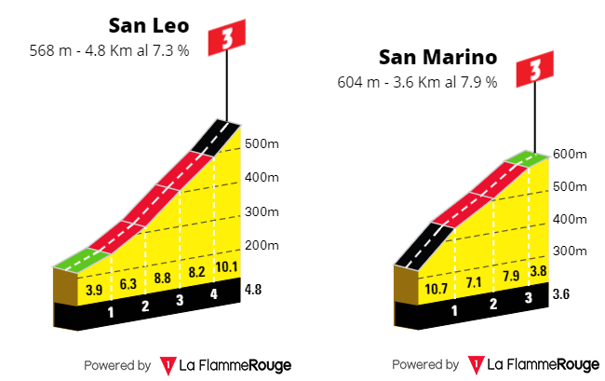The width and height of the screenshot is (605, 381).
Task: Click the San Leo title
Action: coord(148,25)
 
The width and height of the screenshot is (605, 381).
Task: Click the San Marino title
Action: coord(437,58)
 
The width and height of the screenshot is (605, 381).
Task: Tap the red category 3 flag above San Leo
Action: coord(226,38)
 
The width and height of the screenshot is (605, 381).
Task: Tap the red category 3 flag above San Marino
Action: coord(535,70)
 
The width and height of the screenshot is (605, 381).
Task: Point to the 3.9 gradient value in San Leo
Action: coord(94,290)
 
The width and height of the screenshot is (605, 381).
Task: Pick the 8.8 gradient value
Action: coord(161,277)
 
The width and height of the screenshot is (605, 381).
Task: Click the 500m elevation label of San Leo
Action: coord(263,144)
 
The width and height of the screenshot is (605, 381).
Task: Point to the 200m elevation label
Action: coord(263,246)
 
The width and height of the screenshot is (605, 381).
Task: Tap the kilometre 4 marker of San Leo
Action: coord(213,295)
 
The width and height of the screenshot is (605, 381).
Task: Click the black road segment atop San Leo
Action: coord(216,138)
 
